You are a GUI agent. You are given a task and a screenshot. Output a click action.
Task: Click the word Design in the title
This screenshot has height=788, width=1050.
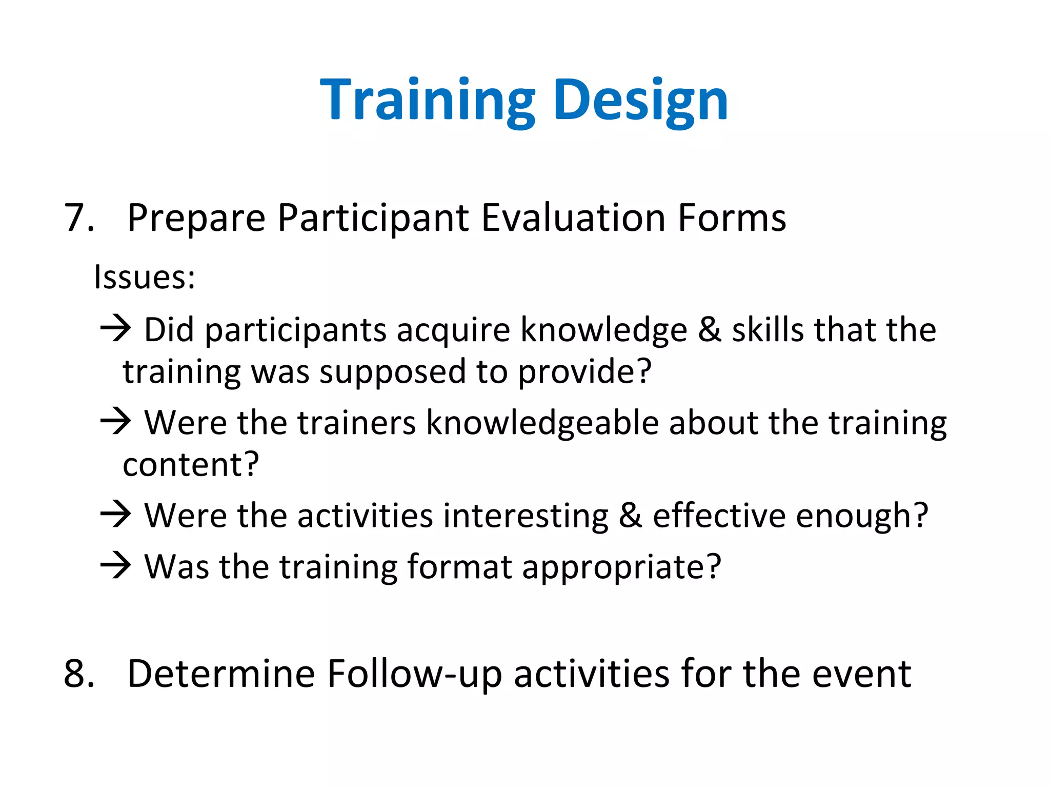pyautogui.click(x=640, y=100)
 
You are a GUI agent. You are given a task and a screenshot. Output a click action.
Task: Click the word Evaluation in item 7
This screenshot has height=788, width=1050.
pyautogui.click(x=574, y=218)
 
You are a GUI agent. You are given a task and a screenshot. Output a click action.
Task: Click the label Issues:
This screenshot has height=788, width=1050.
pyautogui.click(x=144, y=278)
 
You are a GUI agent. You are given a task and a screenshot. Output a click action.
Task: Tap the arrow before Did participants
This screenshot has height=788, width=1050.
pyautogui.click(x=116, y=328)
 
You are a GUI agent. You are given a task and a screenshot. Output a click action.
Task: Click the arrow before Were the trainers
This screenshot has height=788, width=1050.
pyautogui.click(x=116, y=421)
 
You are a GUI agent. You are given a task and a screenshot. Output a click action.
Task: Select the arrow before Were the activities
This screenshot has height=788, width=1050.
pyautogui.click(x=116, y=514)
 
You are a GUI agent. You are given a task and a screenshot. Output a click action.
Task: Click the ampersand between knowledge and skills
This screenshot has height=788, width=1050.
pyautogui.click(x=710, y=330)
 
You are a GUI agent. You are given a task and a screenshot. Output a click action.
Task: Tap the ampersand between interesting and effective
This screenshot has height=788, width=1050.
pyautogui.click(x=630, y=516)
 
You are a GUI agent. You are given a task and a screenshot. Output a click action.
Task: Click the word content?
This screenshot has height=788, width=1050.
pyautogui.click(x=191, y=465)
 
